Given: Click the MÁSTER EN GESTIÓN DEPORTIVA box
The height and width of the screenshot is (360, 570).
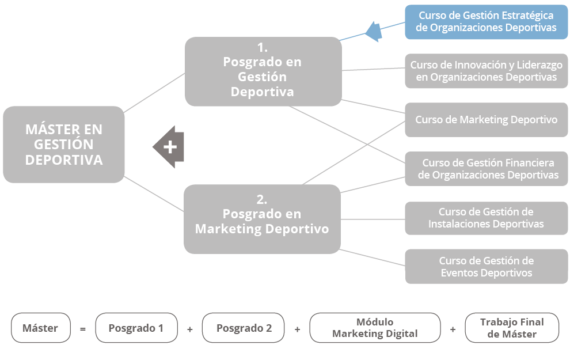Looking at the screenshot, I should point(63,145).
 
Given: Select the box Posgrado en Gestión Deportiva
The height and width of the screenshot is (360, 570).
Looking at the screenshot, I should point(263,71).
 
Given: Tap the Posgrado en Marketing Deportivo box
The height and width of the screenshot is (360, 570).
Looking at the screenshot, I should point(262,219).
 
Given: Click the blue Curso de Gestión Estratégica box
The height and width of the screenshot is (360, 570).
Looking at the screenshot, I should point(486,21).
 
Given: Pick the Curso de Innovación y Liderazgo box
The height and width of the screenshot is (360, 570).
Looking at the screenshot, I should point(486,71).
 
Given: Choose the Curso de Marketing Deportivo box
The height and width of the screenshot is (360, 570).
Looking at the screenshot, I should point(486,120).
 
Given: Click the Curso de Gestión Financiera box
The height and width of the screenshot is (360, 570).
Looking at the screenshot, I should point(486,169).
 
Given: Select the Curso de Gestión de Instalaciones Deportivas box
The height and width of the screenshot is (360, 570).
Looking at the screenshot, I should point(486,218).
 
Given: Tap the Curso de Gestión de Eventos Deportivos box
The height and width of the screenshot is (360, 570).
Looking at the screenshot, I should point(486,267).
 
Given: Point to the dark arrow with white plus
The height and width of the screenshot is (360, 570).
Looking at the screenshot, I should point(169,147).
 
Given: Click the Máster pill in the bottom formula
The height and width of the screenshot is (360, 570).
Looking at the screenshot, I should point(40,328).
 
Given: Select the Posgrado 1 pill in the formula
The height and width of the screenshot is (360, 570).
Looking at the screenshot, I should point(136,328).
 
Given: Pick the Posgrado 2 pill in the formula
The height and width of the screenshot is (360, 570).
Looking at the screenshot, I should point(244,328).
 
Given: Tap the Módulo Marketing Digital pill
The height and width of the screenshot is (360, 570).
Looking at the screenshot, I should point(375,328).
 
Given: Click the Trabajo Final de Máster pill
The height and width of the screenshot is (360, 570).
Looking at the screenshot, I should point(511,328).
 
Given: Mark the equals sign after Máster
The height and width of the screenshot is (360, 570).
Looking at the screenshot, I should point(82,329).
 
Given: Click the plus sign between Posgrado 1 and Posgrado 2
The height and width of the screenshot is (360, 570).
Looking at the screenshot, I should point(190,329).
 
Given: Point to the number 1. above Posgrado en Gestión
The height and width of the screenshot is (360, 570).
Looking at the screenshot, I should point(262,48).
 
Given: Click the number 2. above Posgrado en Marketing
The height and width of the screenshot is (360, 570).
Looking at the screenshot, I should point(262,200).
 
